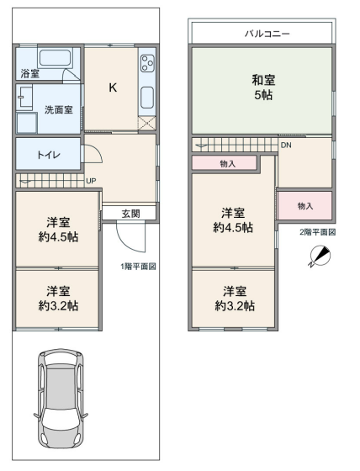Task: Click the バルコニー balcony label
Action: click(267, 33)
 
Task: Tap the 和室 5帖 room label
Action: click(263, 87)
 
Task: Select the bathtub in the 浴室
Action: click(55, 58)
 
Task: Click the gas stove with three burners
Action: click(147, 63)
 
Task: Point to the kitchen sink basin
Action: click(147, 98)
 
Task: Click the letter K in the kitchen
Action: click(113, 87)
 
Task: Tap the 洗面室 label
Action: click(59, 109)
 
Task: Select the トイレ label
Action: click(49, 155)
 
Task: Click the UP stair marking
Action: click(91, 181)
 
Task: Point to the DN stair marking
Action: click(286, 145)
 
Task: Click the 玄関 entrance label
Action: click(130, 214)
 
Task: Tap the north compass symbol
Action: click(320, 256)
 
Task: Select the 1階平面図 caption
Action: click(138, 266)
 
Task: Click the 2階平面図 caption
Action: click(318, 232)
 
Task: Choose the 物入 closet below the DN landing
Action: click(305, 206)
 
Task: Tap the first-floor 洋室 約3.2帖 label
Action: click(58, 299)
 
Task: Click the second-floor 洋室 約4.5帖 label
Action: click(233, 220)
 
